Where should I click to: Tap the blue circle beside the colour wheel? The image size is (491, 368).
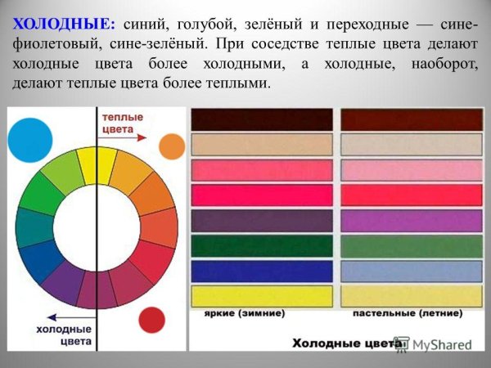click(x=31, y=134)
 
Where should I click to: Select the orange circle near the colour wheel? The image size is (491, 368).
click(x=171, y=146)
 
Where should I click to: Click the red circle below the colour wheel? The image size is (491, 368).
click(x=151, y=319)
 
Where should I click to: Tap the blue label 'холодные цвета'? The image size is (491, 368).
click(x=63, y=334)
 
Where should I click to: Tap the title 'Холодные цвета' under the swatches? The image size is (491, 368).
click(x=336, y=343)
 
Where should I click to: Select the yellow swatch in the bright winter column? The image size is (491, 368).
click(x=262, y=295)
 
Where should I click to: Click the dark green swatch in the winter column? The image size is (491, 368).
click(x=262, y=245)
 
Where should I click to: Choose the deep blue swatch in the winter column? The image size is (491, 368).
click(x=262, y=270)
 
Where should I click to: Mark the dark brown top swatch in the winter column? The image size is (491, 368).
click(x=262, y=119)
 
